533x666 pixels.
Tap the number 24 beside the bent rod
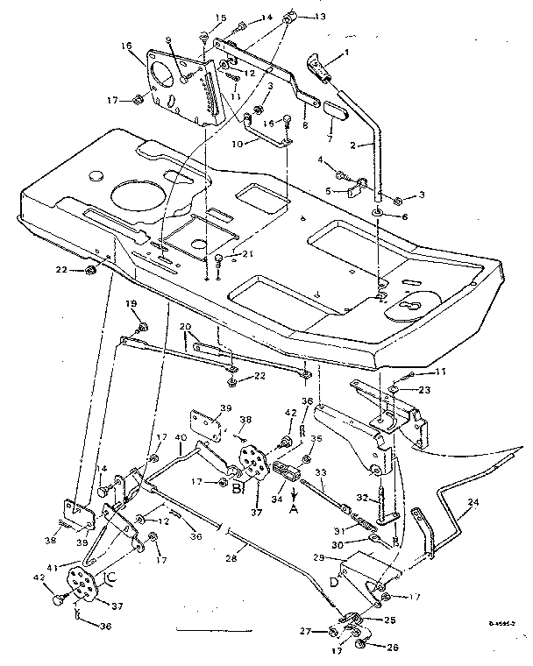(474, 503)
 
